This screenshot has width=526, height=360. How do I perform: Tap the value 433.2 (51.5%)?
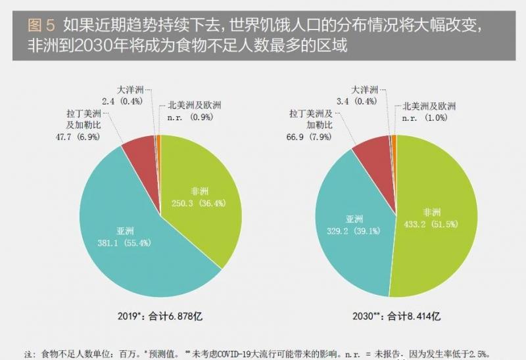click(431, 224)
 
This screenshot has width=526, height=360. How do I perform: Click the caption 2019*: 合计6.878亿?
click(160, 316)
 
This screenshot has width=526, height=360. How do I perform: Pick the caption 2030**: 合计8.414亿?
click(396, 316)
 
